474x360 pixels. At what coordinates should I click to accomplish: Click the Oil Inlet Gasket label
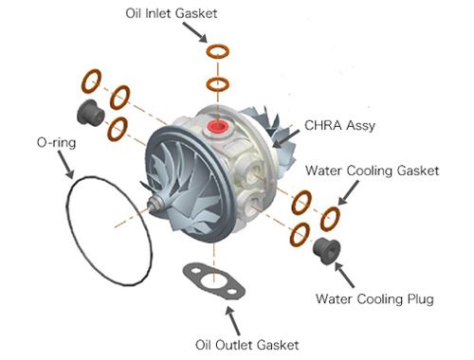(x=172, y=13)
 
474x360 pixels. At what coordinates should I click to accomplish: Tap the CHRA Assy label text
(x=340, y=125)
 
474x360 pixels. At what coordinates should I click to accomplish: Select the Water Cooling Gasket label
(x=373, y=171)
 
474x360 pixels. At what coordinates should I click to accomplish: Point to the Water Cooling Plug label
(x=374, y=298)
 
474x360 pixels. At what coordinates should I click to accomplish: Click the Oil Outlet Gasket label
(x=247, y=345)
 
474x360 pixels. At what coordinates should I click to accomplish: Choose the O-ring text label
(x=56, y=143)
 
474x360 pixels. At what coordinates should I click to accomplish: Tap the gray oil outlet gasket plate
(x=214, y=281)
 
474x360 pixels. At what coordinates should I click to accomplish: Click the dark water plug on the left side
(x=90, y=113)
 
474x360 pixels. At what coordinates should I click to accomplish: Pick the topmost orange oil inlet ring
(x=218, y=51)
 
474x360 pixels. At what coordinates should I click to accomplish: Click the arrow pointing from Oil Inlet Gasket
(x=195, y=32)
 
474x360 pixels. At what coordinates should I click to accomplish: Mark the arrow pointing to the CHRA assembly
(x=285, y=138)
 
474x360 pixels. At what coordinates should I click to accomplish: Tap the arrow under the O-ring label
(x=66, y=165)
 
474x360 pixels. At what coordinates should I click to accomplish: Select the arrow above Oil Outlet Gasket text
(x=232, y=320)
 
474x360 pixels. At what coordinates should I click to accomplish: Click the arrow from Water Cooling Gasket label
(x=349, y=192)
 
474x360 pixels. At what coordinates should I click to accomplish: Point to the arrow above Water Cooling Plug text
(x=344, y=275)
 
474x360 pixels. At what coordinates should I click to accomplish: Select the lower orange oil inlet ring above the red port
(x=218, y=84)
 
